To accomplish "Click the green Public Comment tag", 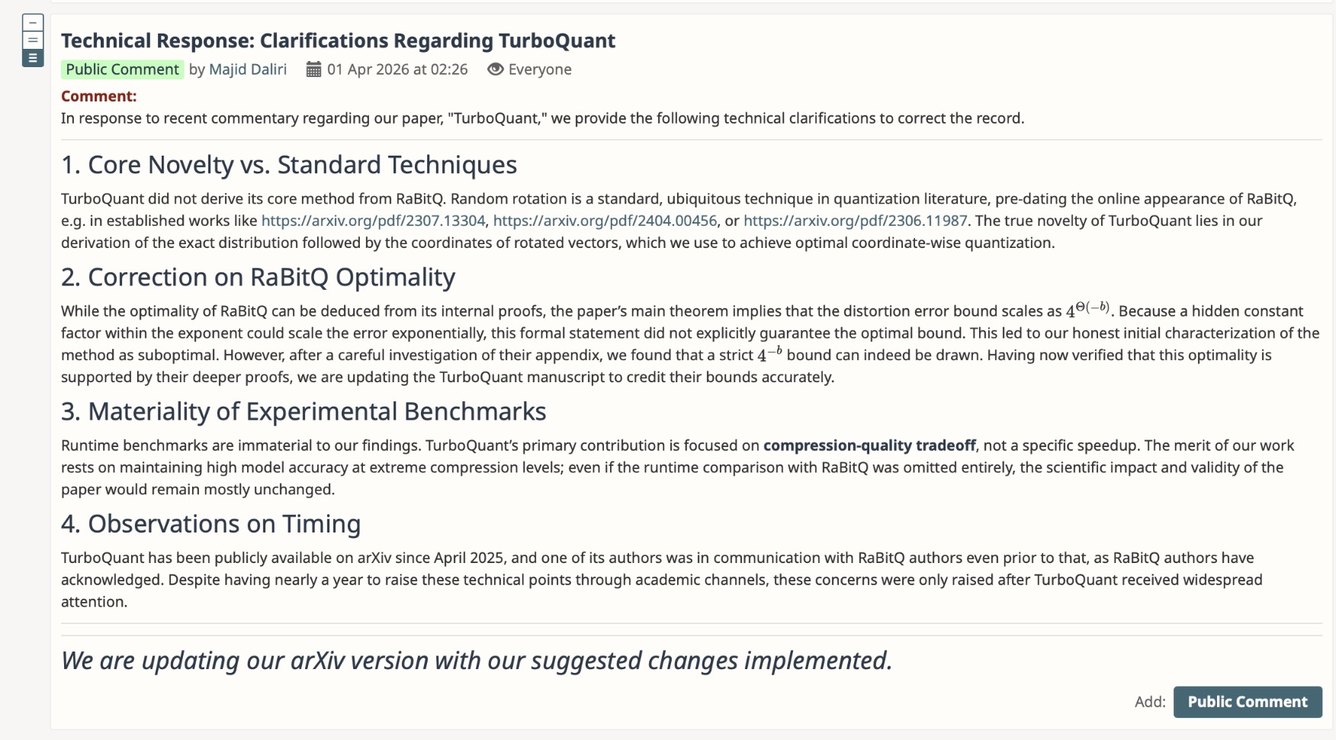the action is (x=122, y=69).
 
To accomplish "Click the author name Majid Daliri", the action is (x=248, y=69).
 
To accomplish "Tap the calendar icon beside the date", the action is (x=313, y=69).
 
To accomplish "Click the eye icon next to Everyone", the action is (x=496, y=69).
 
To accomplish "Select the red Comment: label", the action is (x=99, y=96).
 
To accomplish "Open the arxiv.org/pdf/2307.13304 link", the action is (x=373, y=220).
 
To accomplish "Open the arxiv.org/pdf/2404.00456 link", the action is (x=605, y=220).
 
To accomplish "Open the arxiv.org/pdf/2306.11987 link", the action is (x=856, y=220).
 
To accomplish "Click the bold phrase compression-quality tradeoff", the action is (x=869, y=446).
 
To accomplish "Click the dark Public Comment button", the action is (x=1248, y=702).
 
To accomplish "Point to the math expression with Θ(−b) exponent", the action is (x=1087, y=310).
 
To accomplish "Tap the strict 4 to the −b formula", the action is (x=769, y=354).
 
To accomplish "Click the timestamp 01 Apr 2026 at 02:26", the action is (x=397, y=69).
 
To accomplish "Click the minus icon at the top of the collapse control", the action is (x=33, y=23).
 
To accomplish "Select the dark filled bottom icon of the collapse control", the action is (x=33, y=58).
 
